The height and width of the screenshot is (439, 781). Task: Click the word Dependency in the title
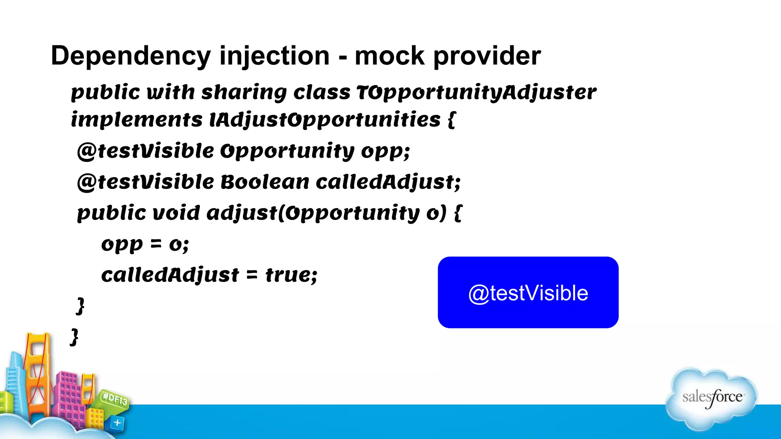click(x=130, y=56)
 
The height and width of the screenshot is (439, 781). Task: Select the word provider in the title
click(x=487, y=56)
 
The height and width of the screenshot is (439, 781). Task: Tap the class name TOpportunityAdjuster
click(x=476, y=92)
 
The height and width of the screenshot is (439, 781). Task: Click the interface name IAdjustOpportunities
click(x=325, y=120)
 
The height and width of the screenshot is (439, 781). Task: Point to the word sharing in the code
click(x=244, y=92)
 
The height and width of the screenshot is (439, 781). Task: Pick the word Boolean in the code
click(x=265, y=182)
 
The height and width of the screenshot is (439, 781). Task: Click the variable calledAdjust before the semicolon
click(x=385, y=182)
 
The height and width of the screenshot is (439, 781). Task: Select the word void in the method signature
click(x=176, y=213)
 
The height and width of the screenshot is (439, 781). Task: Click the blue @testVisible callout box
click(x=528, y=292)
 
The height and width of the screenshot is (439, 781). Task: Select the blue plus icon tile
click(x=117, y=423)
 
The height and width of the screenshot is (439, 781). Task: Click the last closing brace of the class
click(x=74, y=337)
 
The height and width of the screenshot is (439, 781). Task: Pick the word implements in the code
click(x=137, y=120)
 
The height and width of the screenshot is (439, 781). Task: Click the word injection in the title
click(x=274, y=56)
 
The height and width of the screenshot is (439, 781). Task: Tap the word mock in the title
click(x=389, y=56)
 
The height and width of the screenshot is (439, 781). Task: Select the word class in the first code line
click(x=321, y=92)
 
